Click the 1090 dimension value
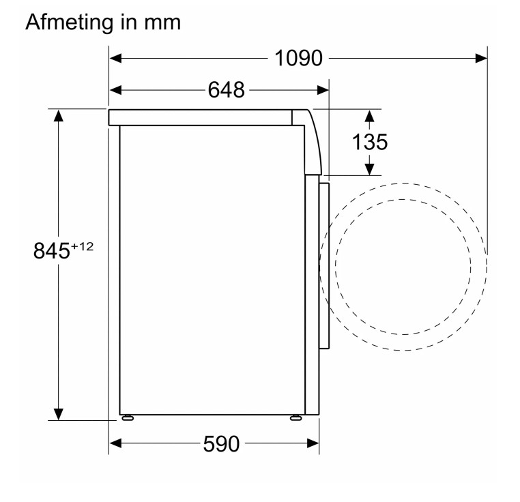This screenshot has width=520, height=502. pyautogui.click(x=298, y=59)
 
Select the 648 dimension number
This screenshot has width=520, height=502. pyautogui.click(x=226, y=90)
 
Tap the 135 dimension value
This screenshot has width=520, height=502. pyautogui.click(x=370, y=143)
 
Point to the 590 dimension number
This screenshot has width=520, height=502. pyautogui.click(x=221, y=444)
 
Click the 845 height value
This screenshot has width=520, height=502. pyautogui.click(x=52, y=251)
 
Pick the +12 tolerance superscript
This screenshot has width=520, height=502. pyautogui.click(x=83, y=247)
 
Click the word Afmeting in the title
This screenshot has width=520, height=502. pyautogui.click(x=70, y=23)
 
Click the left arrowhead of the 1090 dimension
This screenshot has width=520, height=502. pyautogui.click(x=115, y=59)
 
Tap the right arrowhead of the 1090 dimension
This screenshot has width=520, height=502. pyautogui.click(x=481, y=59)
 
